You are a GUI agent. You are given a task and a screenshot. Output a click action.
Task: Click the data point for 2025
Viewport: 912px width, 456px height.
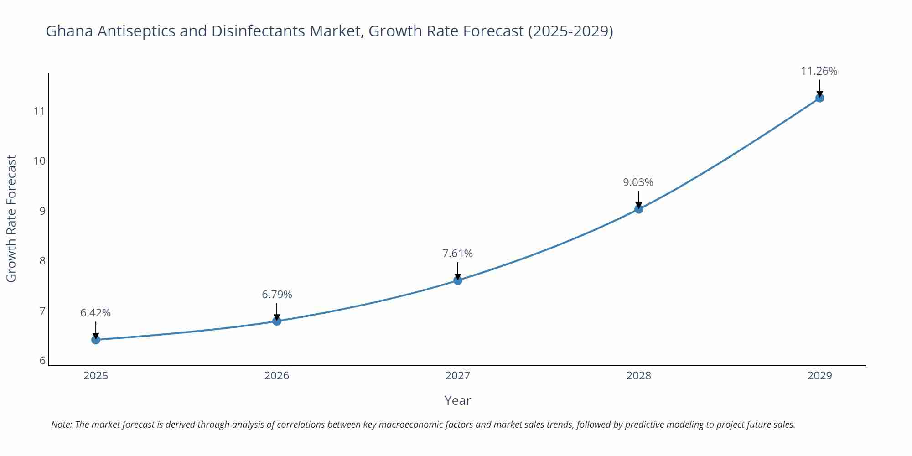click(96, 340)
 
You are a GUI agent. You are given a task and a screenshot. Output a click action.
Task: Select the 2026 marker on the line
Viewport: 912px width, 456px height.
click(277, 321)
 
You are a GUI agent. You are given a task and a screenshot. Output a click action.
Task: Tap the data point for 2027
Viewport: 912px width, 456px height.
click(458, 280)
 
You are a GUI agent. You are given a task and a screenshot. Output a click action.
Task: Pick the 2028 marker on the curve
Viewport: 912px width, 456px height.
click(639, 209)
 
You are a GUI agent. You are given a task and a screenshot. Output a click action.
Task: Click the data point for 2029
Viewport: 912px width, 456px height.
click(819, 98)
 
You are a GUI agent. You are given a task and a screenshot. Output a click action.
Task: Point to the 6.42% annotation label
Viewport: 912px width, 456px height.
click(95, 313)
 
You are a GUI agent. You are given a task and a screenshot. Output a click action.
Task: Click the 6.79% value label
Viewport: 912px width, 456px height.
click(277, 295)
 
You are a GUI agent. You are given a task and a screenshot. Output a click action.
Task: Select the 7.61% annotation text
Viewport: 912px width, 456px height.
click(457, 254)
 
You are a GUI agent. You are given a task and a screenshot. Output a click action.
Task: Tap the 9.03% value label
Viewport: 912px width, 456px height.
click(638, 182)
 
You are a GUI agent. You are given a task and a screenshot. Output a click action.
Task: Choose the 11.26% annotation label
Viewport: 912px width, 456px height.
click(819, 71)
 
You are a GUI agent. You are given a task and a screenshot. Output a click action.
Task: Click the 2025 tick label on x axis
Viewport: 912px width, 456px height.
click(96, 376)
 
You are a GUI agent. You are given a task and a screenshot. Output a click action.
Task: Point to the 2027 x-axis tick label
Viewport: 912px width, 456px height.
click(458, 376)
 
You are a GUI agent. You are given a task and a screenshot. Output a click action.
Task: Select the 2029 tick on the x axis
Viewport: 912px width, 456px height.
click(819, 376)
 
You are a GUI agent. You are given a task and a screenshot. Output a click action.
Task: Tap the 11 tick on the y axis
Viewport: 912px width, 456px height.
click(39, 111)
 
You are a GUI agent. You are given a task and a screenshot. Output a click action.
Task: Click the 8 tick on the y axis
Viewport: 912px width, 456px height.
click(42, 261)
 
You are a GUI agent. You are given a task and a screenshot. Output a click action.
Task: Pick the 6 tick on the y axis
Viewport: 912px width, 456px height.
click(42, 361)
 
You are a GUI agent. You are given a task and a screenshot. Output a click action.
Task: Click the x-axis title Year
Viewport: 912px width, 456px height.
click(457, 400)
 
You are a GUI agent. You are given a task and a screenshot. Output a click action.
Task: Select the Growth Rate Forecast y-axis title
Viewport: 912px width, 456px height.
click(11, 218)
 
